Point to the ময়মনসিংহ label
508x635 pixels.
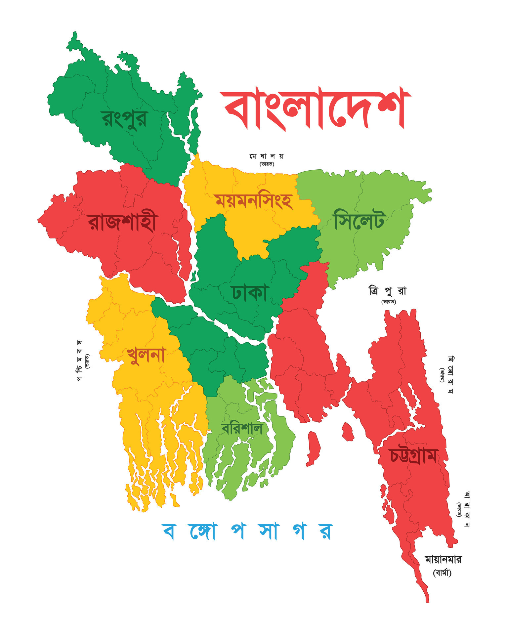pyautogui.click(x=254, y=201)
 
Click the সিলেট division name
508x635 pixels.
pyautogui.click(x=359, y=220)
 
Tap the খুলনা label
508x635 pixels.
pyautogui.click(x=146, y=356)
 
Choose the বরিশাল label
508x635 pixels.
pyautogui.click(x=242, y=429)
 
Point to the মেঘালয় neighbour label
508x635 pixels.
pyautogui.click(x=267, y=156)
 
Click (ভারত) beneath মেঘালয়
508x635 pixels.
pyautogui.click(x=267, y=164)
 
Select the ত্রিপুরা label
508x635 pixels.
pyautogui.click(x=387, y=291)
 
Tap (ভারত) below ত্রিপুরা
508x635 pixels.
pyautogui.click(x=389, y=302)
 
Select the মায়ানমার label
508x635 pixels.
pyautogui.click(x=443, y=560)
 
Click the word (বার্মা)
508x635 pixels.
pyautogui.click(x=442, y=573)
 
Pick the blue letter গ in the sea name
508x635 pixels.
pyautogui.click(x=299, y=531)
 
